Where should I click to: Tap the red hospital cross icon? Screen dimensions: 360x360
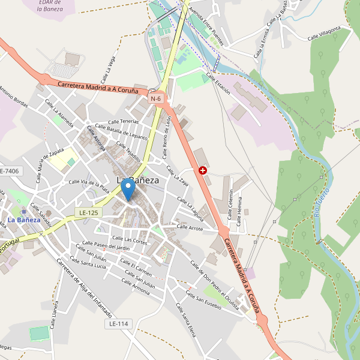tap(203, 170)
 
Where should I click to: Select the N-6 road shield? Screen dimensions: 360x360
tap(156, 98)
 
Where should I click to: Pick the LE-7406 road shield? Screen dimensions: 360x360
tap(10, 172)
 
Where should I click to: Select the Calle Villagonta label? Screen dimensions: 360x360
tap(324, 33)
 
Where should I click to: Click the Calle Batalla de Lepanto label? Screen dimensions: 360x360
tap(127, 133)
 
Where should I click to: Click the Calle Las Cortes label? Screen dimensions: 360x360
tap(128, 241)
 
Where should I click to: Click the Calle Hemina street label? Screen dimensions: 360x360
tap(240, 211)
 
